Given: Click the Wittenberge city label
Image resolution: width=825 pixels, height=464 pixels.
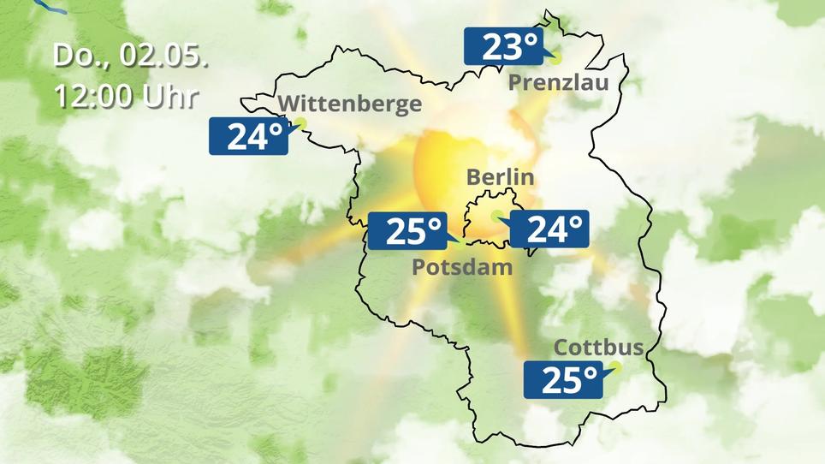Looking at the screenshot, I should coord(351,104).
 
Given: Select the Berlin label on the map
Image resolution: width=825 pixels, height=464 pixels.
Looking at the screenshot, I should coord(500,178).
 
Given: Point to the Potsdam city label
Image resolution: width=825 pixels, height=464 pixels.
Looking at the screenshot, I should coord(462,266).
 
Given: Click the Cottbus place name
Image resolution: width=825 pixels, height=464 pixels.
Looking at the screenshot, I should coord(598,348).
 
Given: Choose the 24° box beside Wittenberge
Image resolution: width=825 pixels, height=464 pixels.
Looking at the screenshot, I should coord(248,136).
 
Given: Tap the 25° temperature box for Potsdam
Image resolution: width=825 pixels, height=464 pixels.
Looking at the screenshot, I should coord(407,230).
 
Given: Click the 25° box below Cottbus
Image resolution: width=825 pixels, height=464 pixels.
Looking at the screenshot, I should coord(561,379).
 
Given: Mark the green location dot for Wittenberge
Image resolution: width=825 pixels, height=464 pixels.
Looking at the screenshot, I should coord(300,123).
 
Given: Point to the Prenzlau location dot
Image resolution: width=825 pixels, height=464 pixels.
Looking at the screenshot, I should coord(555,59).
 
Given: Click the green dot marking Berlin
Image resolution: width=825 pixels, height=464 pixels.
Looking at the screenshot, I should coord(496,216).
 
